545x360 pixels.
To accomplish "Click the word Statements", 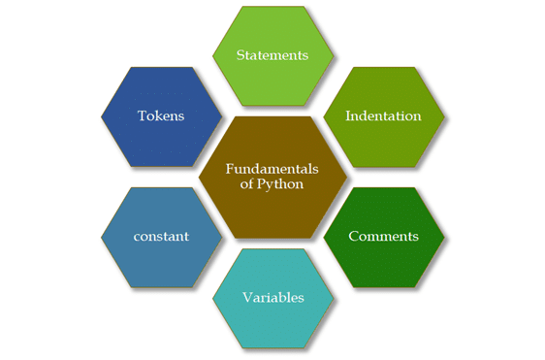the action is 273,55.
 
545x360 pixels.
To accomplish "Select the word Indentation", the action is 384,116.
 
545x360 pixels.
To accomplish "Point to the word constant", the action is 162,236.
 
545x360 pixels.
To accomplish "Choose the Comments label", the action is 383,236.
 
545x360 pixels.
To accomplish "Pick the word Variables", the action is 272,297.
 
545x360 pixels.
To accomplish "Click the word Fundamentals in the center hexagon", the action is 272,168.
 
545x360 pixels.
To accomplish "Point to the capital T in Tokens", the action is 141,115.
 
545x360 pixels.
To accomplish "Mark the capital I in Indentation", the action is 349,116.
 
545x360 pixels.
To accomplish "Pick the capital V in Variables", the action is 246,297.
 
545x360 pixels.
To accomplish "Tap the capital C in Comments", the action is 353,236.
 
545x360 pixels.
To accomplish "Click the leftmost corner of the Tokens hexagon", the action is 101,116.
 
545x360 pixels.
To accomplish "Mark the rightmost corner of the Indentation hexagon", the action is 445,116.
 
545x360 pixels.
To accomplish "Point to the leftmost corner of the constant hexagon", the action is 101,236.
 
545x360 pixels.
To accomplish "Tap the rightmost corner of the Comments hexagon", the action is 445,236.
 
